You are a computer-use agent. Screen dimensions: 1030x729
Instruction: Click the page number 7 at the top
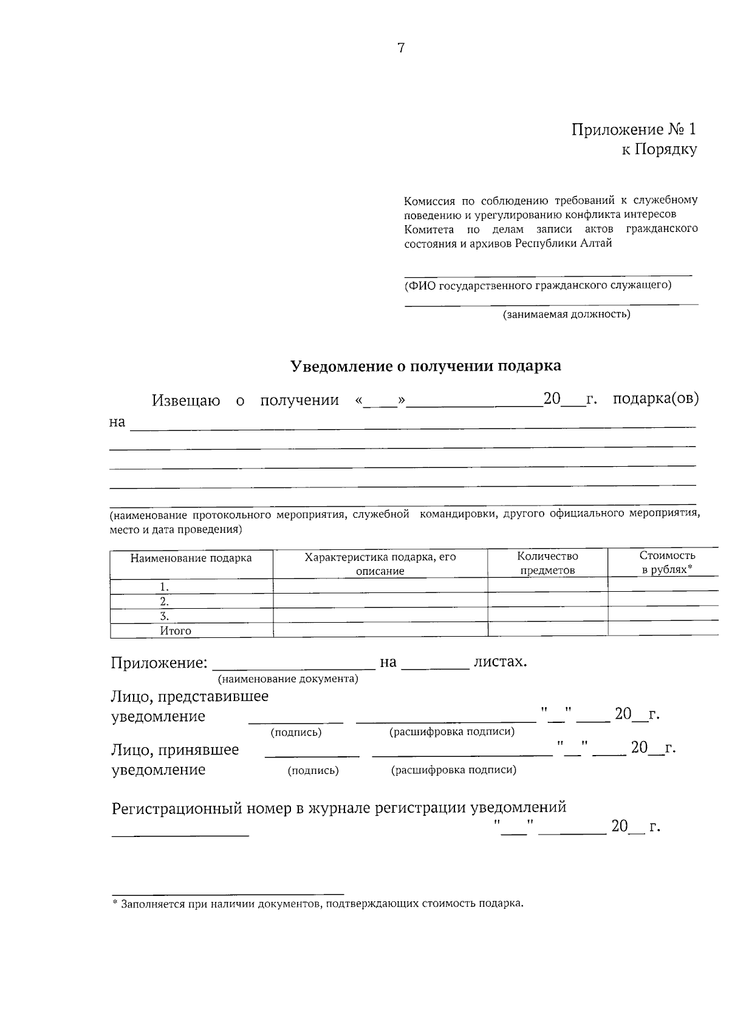(x=401, y=49)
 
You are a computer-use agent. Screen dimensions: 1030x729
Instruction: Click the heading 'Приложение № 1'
(x=634, y=129)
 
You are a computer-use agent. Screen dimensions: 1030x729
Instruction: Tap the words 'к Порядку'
(x=659, y=149)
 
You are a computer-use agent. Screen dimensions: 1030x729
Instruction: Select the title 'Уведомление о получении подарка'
(x=425, y=366)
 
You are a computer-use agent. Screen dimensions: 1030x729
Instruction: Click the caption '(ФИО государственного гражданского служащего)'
(x=538, y=285)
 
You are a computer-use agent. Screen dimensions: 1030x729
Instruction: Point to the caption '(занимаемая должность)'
(x=566, y=314)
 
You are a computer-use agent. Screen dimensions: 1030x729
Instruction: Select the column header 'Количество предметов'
(x=547, y=563)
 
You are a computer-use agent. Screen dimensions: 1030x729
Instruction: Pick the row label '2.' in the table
(x=164, y=601)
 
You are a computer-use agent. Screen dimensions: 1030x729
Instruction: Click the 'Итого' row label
(x=176, y=631)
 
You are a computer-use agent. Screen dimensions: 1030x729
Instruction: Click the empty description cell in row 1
(x=380, y=586)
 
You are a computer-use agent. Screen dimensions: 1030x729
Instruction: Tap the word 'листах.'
(x=500, y=662)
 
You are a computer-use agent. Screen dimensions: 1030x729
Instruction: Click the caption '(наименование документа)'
(x=288, y=679)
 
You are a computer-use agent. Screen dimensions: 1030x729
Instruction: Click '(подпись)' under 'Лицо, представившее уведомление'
(x=296, y=733)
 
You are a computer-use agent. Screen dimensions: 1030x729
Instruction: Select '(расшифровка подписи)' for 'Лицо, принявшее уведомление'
(x=454, y=770)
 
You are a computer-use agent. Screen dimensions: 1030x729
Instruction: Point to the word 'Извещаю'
(x=186, y=401)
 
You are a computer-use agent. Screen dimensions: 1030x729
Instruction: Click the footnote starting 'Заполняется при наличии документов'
(x=318, y=904)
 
